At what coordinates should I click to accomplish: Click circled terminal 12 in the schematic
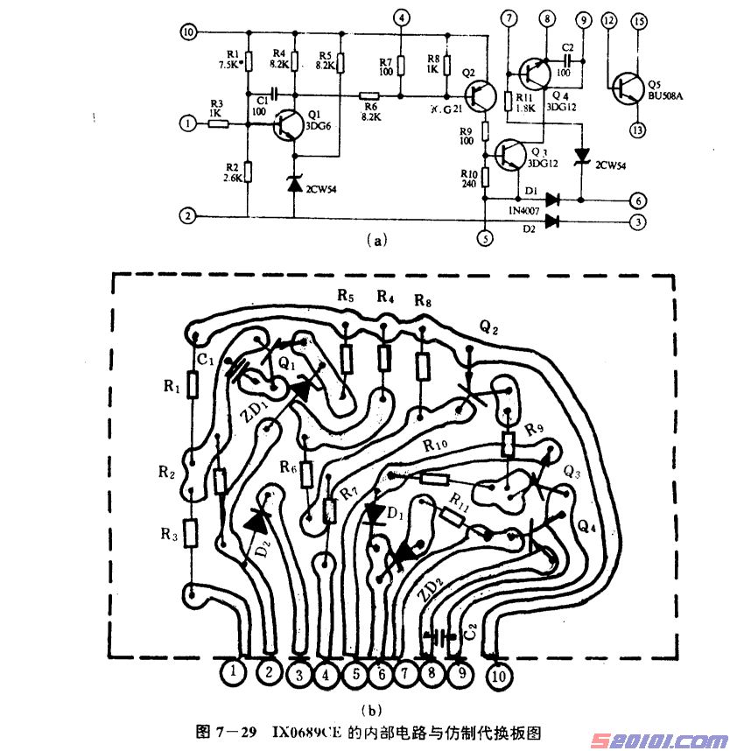point(610,19)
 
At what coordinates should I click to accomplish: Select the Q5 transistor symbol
point(627,86)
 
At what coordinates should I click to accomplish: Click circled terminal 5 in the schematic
point(482,236)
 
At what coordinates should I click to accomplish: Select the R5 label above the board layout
point(345,298)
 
